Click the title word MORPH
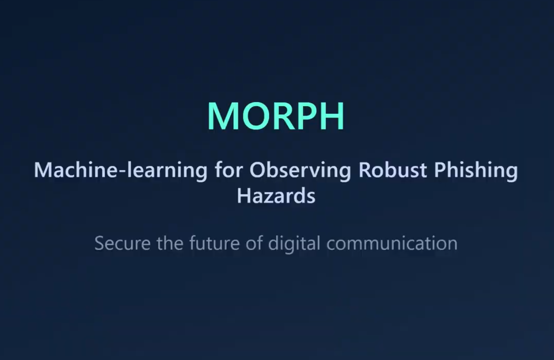pyautogui.click(x=276, y=116)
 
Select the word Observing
pyautogui.click(x=300, y=170)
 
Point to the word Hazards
pyautogui.click(x=276, y=196)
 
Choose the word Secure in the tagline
pyautogui.click(x=122, y=243)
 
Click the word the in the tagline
pyautogui.click(x=170, y=243)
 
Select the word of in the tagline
pyautogui.click(x=254, y=243)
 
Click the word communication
pyautogui.click(x=391, y=243)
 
